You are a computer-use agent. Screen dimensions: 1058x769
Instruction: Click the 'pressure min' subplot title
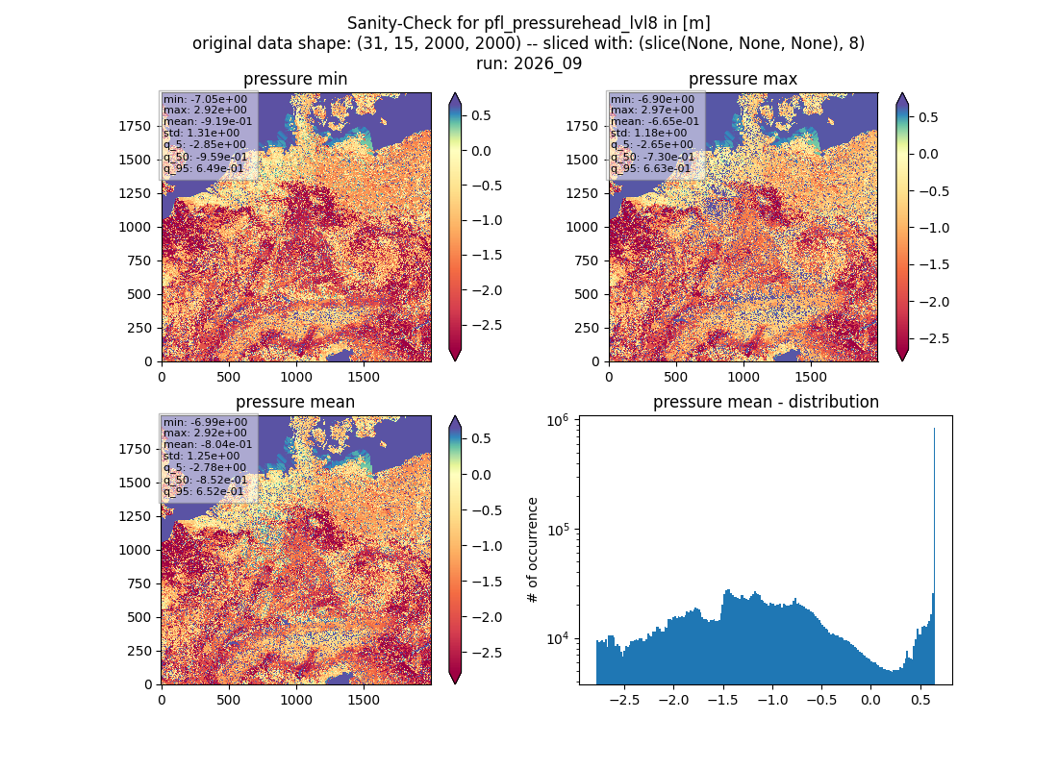coord(295,79)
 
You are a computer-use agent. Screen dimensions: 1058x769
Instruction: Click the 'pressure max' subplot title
coord(743,79)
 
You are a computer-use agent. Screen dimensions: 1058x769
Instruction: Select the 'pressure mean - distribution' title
coord(766,402)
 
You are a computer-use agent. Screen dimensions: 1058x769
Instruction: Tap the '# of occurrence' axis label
coord(533,551)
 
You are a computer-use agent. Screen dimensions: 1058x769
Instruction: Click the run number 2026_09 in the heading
coord(547,64)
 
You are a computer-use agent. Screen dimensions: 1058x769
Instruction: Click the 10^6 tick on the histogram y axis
coord(558,421)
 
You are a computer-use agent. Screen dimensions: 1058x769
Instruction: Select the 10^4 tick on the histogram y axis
coord(558,638)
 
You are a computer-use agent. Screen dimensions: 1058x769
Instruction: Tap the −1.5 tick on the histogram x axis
coord(722,700)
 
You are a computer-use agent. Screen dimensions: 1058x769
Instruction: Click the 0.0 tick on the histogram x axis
coord(870,700)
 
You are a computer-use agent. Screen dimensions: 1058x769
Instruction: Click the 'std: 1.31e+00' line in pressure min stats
coord(201,133)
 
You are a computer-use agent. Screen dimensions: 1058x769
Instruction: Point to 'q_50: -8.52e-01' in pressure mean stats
coord(205,480)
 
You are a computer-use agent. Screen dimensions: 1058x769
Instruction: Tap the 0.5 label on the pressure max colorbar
coord(928,117)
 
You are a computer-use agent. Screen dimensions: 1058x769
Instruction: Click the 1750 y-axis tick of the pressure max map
coord(582,126)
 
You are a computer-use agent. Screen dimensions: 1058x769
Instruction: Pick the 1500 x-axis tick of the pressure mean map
coord(364,700)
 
